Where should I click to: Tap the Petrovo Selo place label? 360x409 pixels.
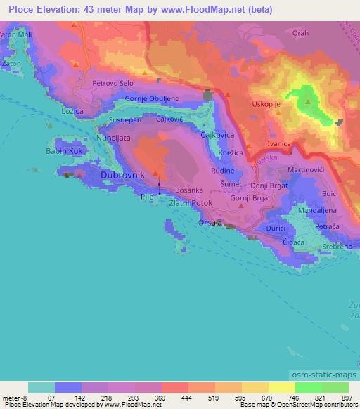(x=113, y=83)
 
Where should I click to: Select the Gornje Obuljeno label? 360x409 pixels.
(x=156, y=99)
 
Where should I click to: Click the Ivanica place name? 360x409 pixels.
(x=278, y=143)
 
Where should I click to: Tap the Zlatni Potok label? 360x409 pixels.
(x=190, y=202)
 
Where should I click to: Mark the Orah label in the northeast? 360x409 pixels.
(x=301, y=33)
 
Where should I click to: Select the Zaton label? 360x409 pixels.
(x=11, y=63)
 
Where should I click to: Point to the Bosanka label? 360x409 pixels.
(x=188, y=190)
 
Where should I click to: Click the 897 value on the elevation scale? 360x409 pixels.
(x=347, y=398)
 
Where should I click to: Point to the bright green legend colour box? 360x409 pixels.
(x=308, y=387)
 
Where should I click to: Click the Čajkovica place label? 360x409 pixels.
(x=217, y=134)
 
